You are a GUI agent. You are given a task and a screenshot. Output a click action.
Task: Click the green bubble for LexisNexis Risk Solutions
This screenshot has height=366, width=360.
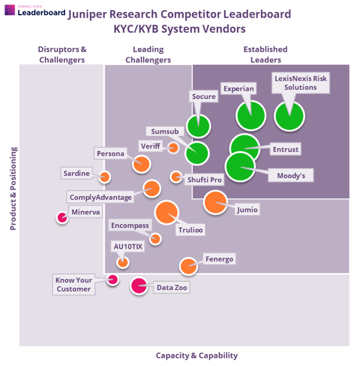click(289, 116)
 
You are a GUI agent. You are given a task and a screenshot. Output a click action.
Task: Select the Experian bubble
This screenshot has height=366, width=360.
click(251, 115)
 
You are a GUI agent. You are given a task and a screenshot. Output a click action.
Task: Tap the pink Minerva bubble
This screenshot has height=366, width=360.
click(62, 218)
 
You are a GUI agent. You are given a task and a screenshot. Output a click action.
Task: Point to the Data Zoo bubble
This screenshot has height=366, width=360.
click(139, 285)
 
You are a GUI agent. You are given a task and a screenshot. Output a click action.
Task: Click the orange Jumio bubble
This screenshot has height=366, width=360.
click(215, 203)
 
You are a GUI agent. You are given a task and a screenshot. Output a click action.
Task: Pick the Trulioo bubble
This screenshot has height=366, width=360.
click(167, 213)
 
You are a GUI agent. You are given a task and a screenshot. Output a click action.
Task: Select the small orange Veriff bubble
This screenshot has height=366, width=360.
click(173, 148)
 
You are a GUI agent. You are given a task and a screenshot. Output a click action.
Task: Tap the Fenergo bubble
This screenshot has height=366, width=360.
click(188, 266)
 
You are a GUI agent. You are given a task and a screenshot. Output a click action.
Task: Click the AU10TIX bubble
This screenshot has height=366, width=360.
click(123, 263)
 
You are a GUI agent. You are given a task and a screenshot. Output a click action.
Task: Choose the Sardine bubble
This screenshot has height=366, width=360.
click(104, 177)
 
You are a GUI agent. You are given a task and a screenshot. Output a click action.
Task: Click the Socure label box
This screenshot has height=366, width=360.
click(204, 97)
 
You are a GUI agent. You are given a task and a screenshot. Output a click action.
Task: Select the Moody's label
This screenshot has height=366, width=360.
click(291, 175)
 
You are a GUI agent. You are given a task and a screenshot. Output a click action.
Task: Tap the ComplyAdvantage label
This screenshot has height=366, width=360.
click(100, 198)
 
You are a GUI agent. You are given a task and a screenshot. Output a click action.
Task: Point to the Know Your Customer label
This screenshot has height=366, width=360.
click(74, 285)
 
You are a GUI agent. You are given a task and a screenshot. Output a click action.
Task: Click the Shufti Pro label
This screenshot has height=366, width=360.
click(205, 180)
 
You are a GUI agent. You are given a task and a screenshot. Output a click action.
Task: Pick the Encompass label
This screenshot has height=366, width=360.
click(130, 225)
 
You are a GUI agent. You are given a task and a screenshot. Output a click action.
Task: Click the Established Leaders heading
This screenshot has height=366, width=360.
click(266, 54)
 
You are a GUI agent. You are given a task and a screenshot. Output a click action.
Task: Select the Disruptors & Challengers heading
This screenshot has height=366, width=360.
click(62, 54)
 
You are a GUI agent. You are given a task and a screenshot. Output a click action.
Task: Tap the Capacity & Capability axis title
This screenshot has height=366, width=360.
click(196, 355)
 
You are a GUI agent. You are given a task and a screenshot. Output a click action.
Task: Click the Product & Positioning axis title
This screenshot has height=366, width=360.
click(13, 189)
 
